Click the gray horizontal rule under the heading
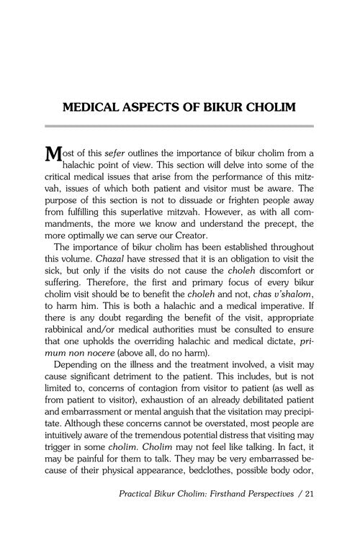180,126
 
